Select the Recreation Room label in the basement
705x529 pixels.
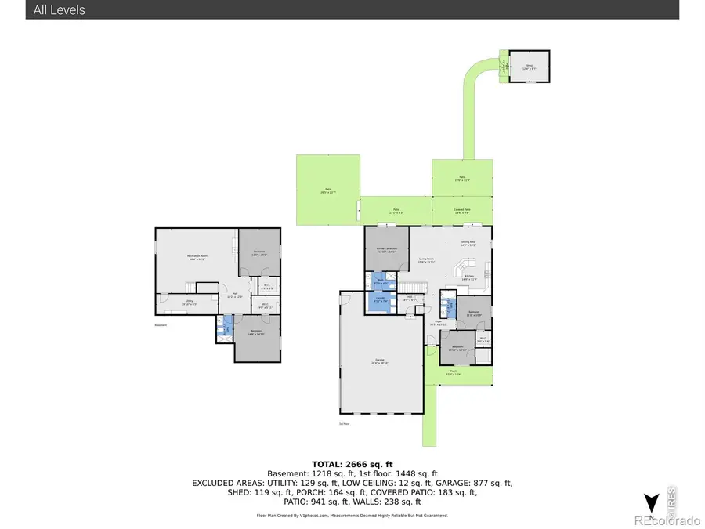[197, 257]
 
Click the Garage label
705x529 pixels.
[381, 361]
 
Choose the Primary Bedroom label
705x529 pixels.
[386, 250]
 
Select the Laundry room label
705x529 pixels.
[381, 300]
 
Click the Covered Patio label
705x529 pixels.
[462, 210]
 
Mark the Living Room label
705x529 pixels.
[427, 260]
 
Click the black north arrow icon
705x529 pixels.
[649, 503]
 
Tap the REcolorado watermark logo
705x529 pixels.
[667, 520]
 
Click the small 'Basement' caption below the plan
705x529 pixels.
[161, 325]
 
